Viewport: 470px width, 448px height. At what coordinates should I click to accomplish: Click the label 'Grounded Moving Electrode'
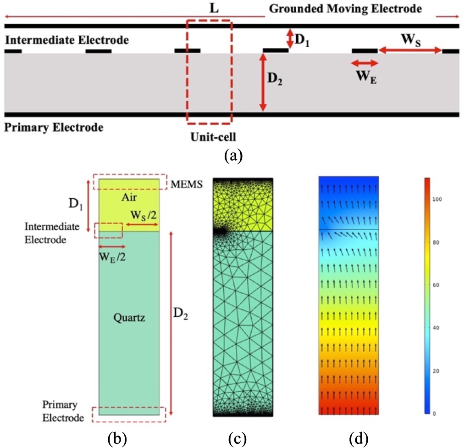[345, 8]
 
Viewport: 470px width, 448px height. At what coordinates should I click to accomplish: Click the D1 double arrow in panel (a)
[289, 39]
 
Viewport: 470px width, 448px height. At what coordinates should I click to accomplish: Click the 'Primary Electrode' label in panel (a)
[54, 127]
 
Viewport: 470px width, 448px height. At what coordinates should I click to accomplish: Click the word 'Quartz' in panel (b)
[129, 317]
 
